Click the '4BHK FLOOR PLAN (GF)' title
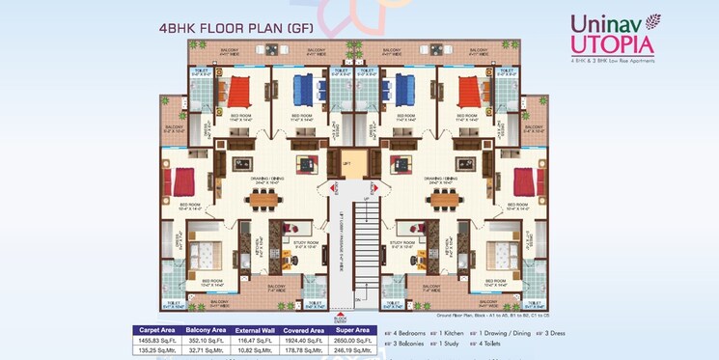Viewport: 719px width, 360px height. (x=231, y=28)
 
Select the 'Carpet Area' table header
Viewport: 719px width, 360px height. (x=155, y=330)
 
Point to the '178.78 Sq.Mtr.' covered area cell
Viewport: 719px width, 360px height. (x=305, y=349)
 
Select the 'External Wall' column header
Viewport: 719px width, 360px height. (x=255, y=330)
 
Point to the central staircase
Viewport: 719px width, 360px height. (x=364, y=241)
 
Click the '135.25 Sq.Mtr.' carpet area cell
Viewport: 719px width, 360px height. (x=155, y=349)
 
